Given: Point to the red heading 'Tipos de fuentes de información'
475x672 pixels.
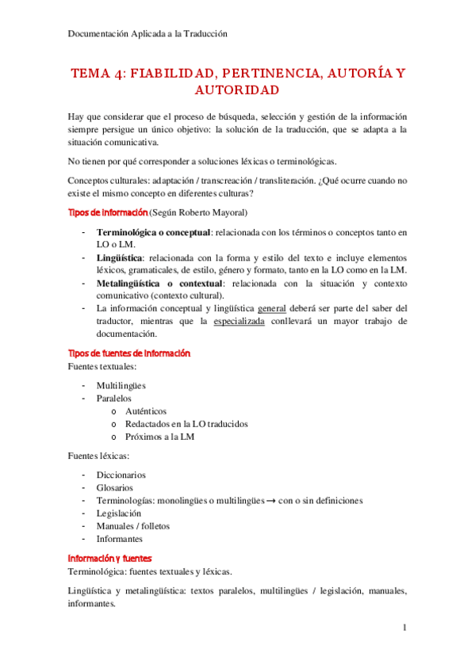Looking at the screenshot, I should coord(129,353).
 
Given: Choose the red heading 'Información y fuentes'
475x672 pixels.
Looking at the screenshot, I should coord(109,557).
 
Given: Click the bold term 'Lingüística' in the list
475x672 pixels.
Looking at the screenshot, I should coord(120,258).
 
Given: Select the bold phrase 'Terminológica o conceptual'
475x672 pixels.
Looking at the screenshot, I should coord(153,232).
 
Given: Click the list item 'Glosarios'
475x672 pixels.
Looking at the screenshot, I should coord(114,487).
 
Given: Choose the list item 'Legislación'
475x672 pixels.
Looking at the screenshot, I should coord(119,513).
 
